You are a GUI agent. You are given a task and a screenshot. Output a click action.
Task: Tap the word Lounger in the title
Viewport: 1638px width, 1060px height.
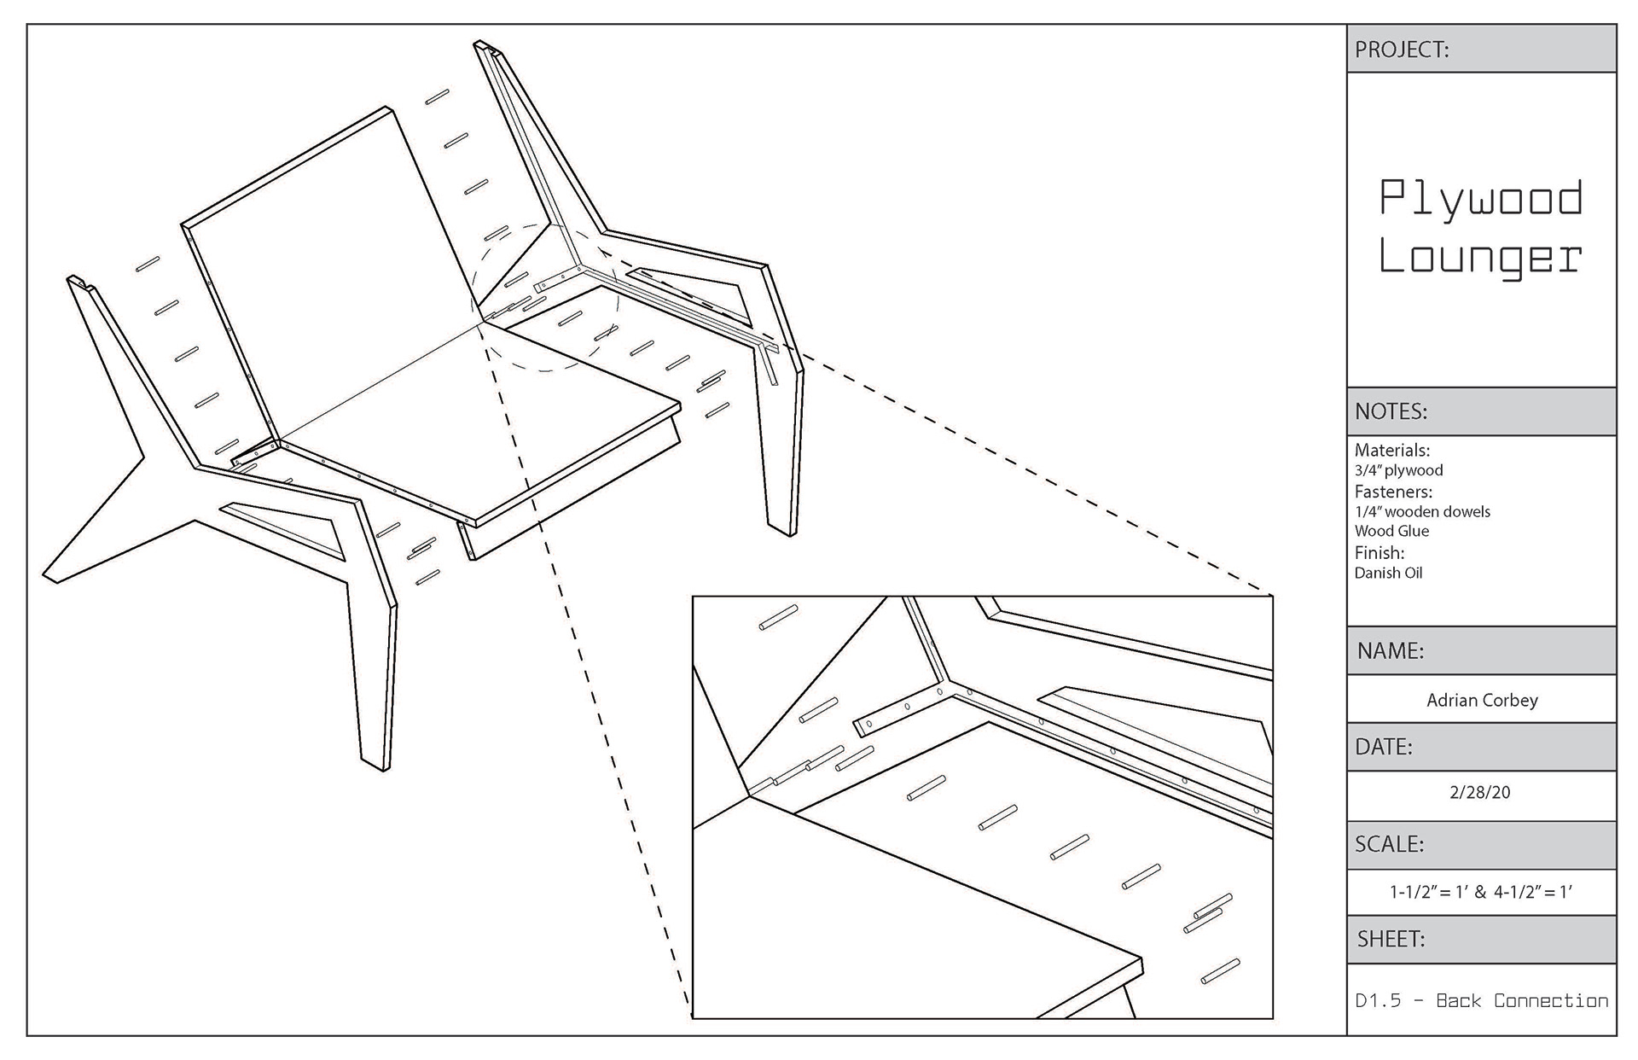1481,257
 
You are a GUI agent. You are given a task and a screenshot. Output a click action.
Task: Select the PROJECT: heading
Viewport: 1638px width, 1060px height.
1402,50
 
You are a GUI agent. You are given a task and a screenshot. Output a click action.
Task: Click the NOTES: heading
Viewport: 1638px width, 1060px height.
1391,411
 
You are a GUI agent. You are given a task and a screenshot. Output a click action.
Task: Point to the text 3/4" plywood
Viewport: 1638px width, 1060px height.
1398,470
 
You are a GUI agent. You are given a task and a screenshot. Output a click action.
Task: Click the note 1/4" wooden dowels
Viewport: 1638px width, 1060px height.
1422,512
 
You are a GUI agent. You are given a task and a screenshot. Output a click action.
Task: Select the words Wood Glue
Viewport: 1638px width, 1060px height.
1391,531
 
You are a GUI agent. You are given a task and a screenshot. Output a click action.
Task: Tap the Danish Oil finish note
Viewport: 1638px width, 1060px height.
1388,573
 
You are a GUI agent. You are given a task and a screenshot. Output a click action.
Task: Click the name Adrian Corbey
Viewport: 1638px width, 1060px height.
1482,700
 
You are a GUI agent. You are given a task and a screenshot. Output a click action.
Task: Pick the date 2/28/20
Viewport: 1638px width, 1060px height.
1480,792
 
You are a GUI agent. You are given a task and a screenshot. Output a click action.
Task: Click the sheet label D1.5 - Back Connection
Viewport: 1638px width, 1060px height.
1481,1000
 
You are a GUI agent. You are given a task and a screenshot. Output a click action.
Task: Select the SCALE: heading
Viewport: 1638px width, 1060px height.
1390,844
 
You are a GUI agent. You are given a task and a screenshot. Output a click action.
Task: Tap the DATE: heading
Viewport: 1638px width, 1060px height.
1384,747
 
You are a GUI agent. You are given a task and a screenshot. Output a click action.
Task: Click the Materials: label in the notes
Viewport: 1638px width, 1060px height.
1392,450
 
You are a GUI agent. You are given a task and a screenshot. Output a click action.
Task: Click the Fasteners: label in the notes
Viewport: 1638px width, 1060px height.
1393,492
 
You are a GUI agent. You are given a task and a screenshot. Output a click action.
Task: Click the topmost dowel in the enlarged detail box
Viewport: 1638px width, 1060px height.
778,618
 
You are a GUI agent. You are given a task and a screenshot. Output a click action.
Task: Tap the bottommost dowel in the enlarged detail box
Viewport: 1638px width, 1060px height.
1220,972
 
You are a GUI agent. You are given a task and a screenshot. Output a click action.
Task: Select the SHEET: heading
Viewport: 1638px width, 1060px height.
1391,940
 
